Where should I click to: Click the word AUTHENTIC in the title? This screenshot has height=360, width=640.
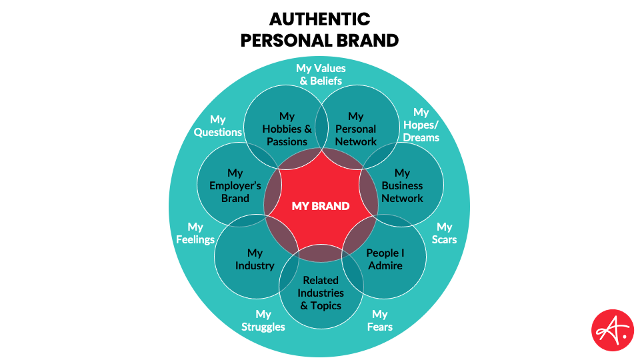[x=320, y=18]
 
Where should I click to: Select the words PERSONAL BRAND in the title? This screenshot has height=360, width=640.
[x=320, y=40]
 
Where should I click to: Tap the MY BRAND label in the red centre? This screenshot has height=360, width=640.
[x=320, y=206]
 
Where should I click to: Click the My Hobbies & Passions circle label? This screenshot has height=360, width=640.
[x=287, y=129]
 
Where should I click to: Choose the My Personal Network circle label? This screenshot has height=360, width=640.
[x=355, y=129]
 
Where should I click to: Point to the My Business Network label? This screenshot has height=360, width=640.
[x=402, y=185]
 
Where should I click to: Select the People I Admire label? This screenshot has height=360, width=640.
[x=385, y=259]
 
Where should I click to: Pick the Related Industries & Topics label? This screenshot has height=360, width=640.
[x=320, y=293]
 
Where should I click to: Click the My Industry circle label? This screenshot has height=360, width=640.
[x=255, y=259]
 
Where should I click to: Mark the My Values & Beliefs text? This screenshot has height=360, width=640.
[x=321, y=74]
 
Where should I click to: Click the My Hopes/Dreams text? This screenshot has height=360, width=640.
[x=421, y=125]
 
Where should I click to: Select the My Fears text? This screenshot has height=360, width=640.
[x=380, y=320]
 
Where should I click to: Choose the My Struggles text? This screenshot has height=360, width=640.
[x=263, y=320]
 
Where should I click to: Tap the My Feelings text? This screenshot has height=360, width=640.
[x=195, y=233]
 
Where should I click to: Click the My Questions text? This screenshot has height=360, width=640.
[x=218, y=125]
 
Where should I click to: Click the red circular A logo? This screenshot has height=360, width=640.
[x=613, y=330]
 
